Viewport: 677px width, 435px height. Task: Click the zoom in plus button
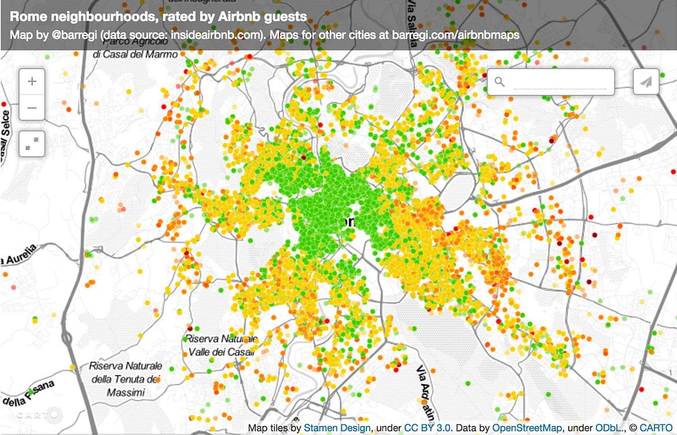[32, 82]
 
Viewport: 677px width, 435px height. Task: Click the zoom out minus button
[32, 108]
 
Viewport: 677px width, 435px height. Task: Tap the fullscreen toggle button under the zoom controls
[32, 142]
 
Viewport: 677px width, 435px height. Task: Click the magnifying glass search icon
[500, 82]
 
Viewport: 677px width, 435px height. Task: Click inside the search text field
[559, 82]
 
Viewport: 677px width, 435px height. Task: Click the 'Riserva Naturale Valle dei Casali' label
[220, 345]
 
